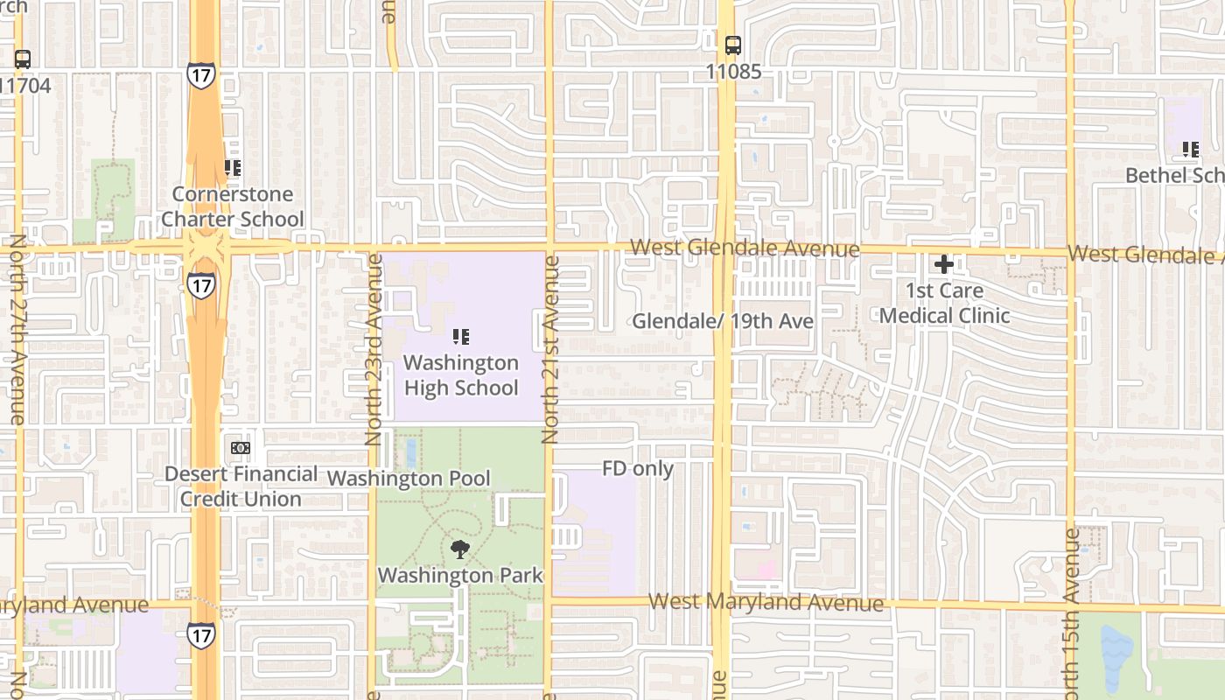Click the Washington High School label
[461, 375]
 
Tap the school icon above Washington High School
[461, 337]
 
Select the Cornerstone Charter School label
[233, 206]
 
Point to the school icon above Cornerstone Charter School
[233, 167]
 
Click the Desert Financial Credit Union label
[241, 486]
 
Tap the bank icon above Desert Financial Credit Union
[241, 448]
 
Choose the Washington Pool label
[409, 479]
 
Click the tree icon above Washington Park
[459, 549]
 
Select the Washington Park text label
[460, 576]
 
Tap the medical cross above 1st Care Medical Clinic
[944, 263]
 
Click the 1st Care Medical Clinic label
[945, 303]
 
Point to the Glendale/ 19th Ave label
[723, 321]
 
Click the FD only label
[638, 469]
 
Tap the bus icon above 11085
[733, 45]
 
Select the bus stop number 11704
[26, 86]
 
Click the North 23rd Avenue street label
[374, 350]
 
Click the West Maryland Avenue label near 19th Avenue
[766, 602]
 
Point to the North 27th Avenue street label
[17, 331]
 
